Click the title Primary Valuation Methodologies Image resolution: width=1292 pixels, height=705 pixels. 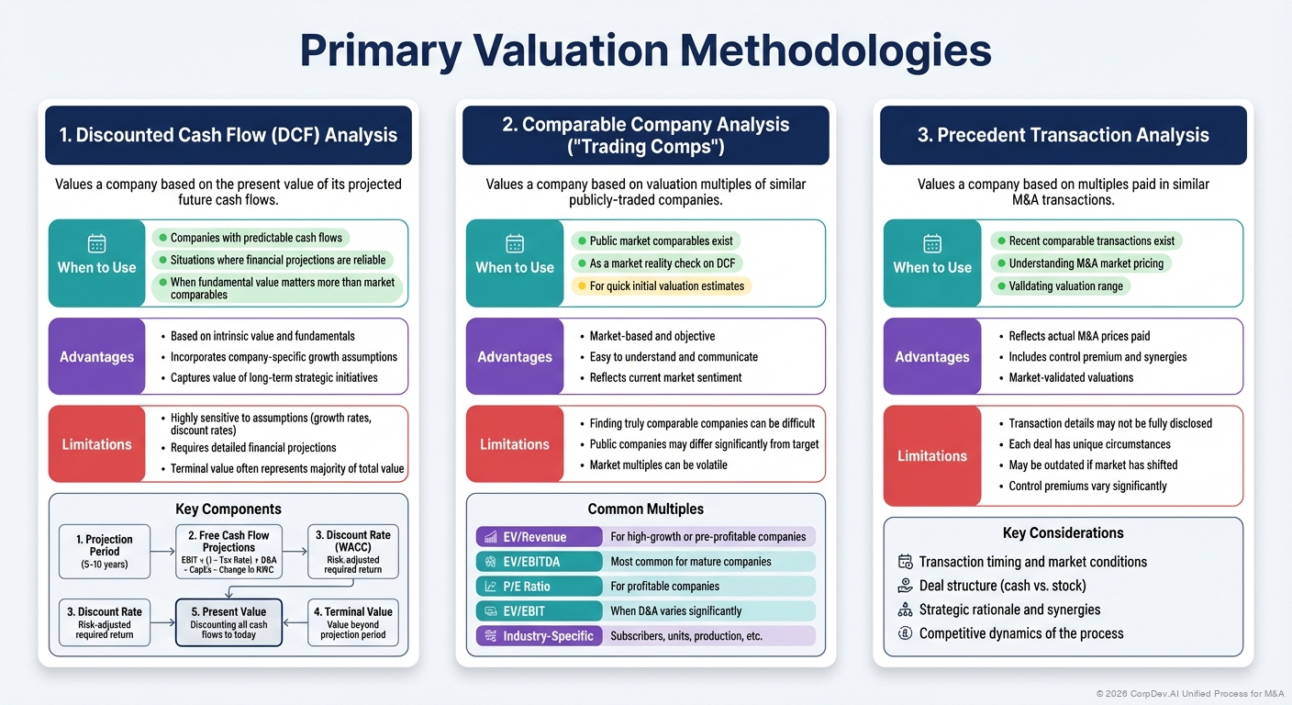(x=645, y=51)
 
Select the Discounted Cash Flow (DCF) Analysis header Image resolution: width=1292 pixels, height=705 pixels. (x=228, y=135)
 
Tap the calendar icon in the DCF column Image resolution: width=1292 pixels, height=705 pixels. (x=96, y=243)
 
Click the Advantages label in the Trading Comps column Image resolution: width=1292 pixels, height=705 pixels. (x=515, y=357)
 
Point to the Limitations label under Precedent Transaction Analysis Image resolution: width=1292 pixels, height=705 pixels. (x=932, y=456)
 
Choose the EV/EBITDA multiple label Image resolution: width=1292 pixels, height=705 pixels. (x=538, y=562)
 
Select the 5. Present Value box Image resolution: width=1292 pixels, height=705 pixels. (x=228, y=622)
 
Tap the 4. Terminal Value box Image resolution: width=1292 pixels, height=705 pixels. (x=353, y=622)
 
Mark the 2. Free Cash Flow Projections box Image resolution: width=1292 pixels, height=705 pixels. (x=228, y=552)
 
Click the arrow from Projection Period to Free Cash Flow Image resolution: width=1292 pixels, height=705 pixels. (x=161, y=551)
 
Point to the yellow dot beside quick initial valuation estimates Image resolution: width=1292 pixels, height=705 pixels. (x=580, y=286)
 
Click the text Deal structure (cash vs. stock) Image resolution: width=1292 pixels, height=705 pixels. (x=1002, y=586)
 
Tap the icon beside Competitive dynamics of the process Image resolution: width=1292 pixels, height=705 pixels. (x=905, y=633)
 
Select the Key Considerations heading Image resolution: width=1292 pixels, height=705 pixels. (x=1063, y=533)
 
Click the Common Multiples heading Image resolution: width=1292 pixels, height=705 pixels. (x=645, y=509)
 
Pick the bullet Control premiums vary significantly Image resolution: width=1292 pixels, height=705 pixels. (x=1087, y=486)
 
